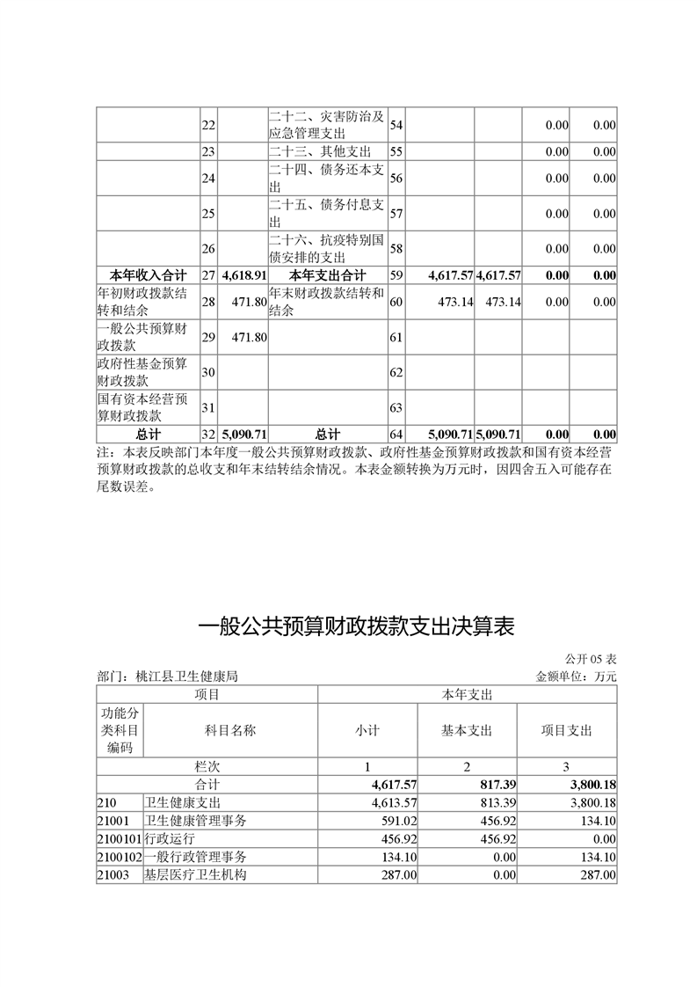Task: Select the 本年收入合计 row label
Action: [x=148, y=275]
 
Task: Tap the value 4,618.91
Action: [x=244, y=275]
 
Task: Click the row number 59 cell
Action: [x=396, y=275]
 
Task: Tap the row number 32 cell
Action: [x=208, y=435]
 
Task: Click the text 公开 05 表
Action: [x=591, y=659]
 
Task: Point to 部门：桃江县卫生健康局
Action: [x=167, y=676]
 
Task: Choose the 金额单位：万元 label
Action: [x=576, y=676]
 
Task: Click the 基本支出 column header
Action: [x=467, y=730]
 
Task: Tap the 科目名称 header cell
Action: [x=230, y=730]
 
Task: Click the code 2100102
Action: [x=119, y=856]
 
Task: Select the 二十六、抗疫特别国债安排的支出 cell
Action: [x=327, y=248]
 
